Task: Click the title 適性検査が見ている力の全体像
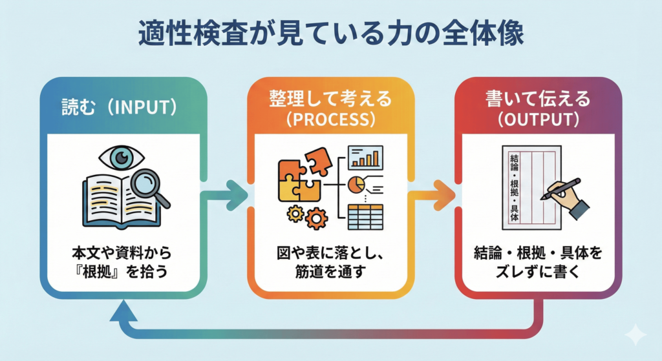pos(331,33)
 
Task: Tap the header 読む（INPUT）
pos(120,107)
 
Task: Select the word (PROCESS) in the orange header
pos(330,119)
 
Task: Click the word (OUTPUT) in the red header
pos(538,119)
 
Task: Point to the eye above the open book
pos(122,158)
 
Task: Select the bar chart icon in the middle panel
pos(366,158)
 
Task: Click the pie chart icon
pos(357,184)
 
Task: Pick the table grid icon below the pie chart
pos(366,217)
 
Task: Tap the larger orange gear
pos(316,218)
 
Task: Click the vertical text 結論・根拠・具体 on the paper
pos(514,188)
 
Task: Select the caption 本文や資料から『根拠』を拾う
pos(122,262)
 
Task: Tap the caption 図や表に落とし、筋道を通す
pos(330,262)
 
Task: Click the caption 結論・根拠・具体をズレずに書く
pos(538,262)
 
